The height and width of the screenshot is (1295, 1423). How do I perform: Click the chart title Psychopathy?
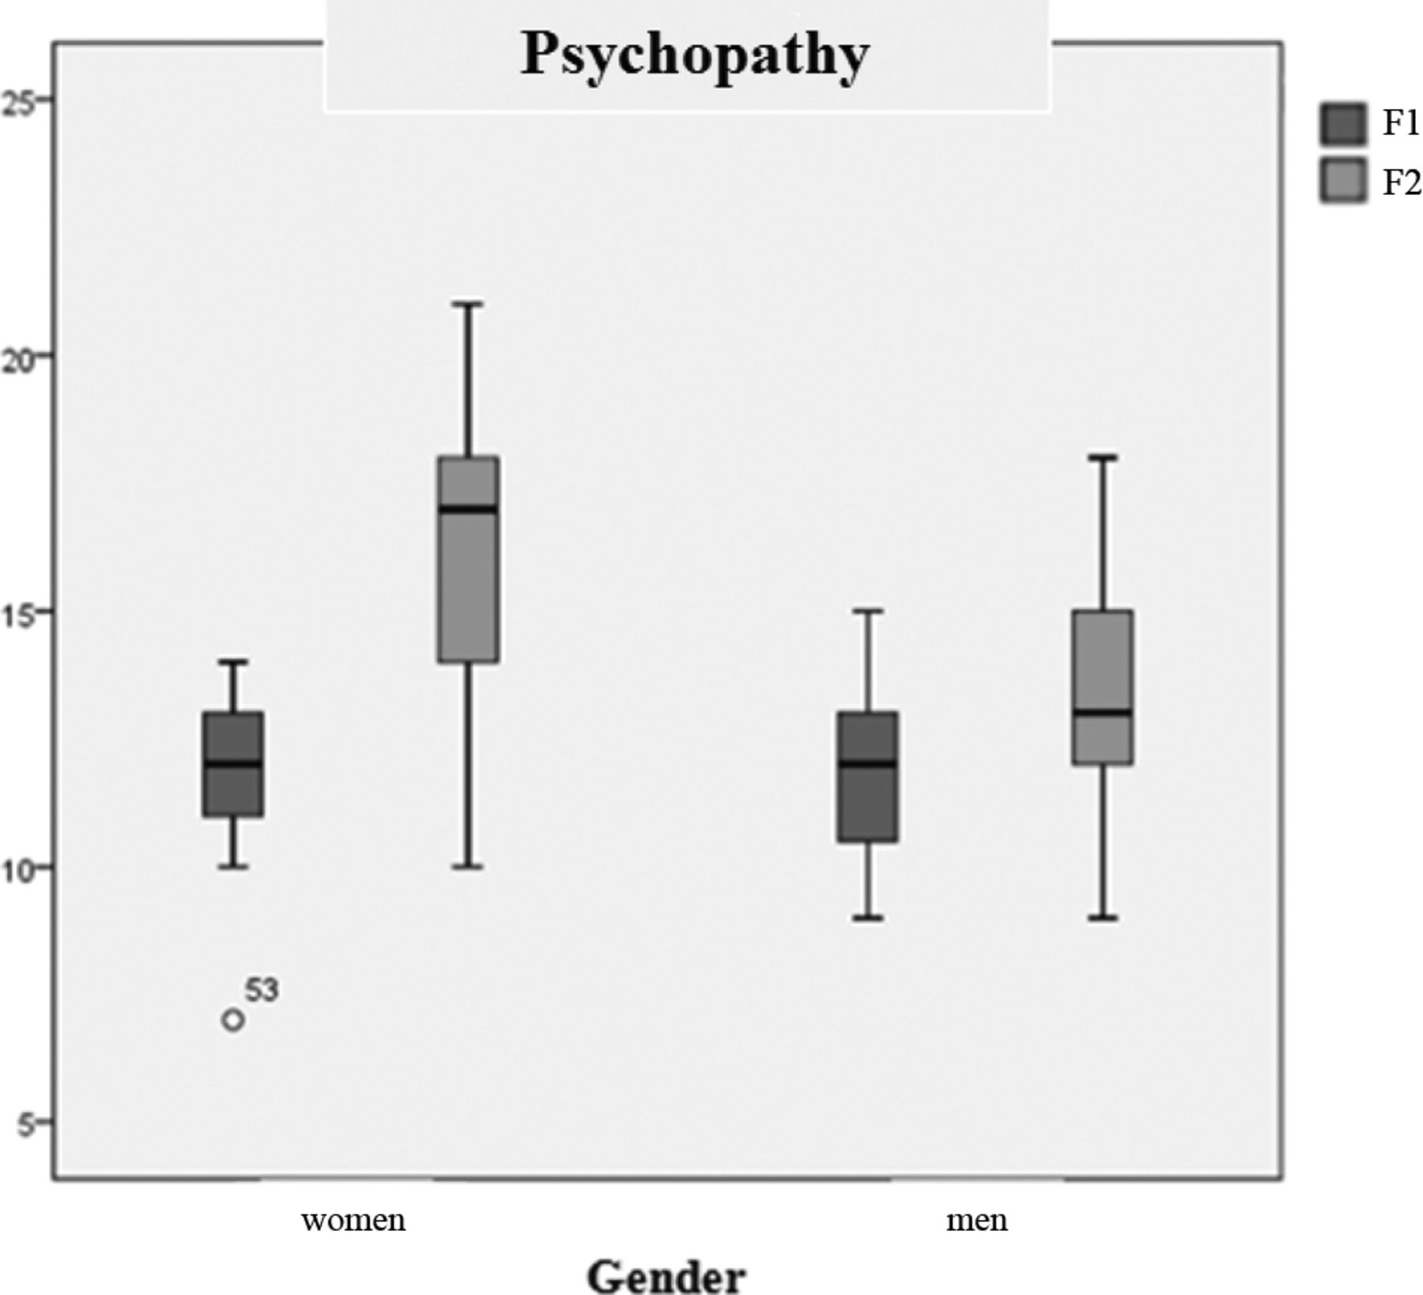[694, 55]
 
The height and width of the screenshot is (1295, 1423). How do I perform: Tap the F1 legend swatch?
[1342, 124]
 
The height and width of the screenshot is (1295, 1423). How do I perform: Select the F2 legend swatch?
[1342, 182]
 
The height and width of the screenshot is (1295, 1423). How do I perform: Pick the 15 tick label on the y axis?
[19, 613]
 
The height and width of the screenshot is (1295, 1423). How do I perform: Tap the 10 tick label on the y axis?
[19, 869]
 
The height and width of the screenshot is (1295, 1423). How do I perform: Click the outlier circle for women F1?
[232, 1020]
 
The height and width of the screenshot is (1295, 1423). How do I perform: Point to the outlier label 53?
[262, 990]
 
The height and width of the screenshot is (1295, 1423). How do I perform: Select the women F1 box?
[233, 790]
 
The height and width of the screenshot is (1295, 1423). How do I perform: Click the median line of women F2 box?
[469, 508]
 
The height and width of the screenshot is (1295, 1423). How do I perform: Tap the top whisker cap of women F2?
[469, 303]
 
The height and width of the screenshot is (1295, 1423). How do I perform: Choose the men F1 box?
[868, 806]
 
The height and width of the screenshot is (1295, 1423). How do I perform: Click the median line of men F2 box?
[1103, 713]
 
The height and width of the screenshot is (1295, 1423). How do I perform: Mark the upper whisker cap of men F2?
[1103, 457]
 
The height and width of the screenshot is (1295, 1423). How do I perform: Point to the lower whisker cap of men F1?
[868, 918]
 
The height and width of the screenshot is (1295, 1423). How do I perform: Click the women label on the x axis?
[353, 1221]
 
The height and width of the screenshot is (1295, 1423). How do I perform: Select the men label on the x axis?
[976, 1221]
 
